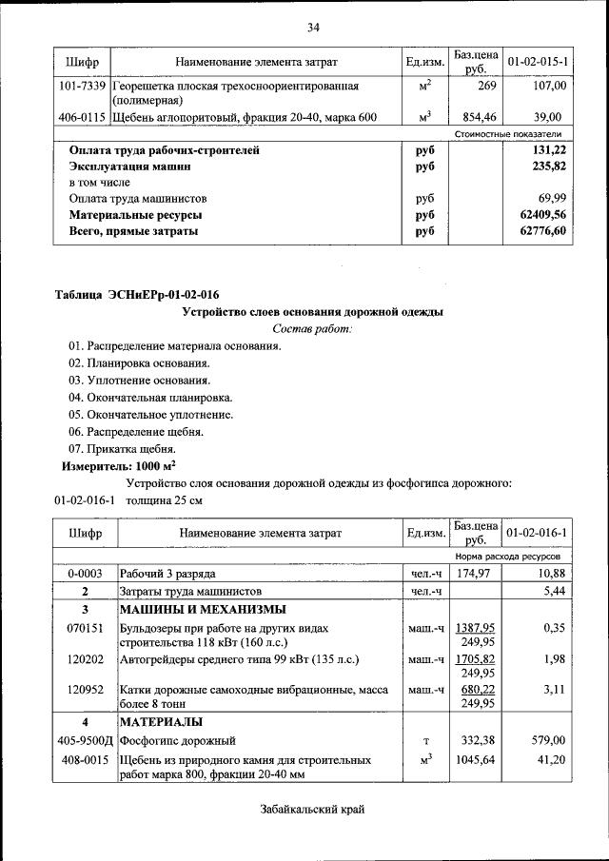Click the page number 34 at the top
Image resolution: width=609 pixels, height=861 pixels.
pos(312,26)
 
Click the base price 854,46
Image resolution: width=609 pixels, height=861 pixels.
pos(474,118)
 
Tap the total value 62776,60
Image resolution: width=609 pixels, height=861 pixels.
pos(543,232)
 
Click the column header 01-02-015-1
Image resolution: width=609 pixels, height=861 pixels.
pos(539,63)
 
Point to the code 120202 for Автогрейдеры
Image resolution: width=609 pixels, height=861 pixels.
pos(84,659)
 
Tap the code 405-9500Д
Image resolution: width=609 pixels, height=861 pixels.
pos(84,740)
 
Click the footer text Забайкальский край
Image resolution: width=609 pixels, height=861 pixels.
pos(311,809)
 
